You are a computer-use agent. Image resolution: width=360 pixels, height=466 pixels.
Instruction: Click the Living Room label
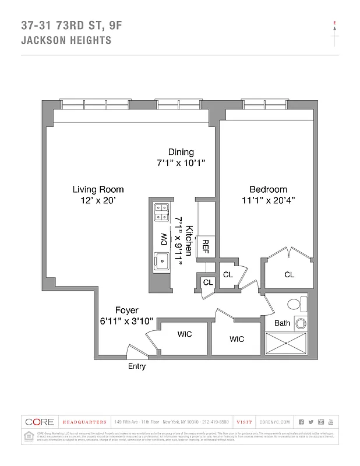[x=98, y=189]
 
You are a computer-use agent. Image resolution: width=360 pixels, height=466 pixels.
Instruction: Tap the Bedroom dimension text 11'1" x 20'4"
[x=268, y=200]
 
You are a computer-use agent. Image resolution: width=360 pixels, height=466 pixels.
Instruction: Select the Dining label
[x=181, y=152]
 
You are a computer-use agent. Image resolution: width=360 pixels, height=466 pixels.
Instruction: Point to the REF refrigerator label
[x=205, y=246]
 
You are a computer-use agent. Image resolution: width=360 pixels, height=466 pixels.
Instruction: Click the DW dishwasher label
[x=164, y=239]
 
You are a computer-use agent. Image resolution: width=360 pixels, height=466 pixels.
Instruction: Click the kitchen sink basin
[x=161, y=260]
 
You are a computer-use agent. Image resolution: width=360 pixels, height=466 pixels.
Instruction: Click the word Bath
[x=282, y=323]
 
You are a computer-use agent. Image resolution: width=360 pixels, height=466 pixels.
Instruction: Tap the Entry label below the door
[x=137, y=366]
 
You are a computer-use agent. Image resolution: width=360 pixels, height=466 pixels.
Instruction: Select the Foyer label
[x=126, y=310]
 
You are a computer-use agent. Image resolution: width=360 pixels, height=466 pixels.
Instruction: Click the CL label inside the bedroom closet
[x=289, y=274]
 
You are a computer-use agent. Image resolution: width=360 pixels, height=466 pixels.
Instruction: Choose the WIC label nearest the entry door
[x=184, y=334]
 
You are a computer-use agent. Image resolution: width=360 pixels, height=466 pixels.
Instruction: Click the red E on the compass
[x=334, y=23]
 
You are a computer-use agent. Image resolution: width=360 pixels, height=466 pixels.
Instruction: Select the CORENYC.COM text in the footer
[x=273, y=422]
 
